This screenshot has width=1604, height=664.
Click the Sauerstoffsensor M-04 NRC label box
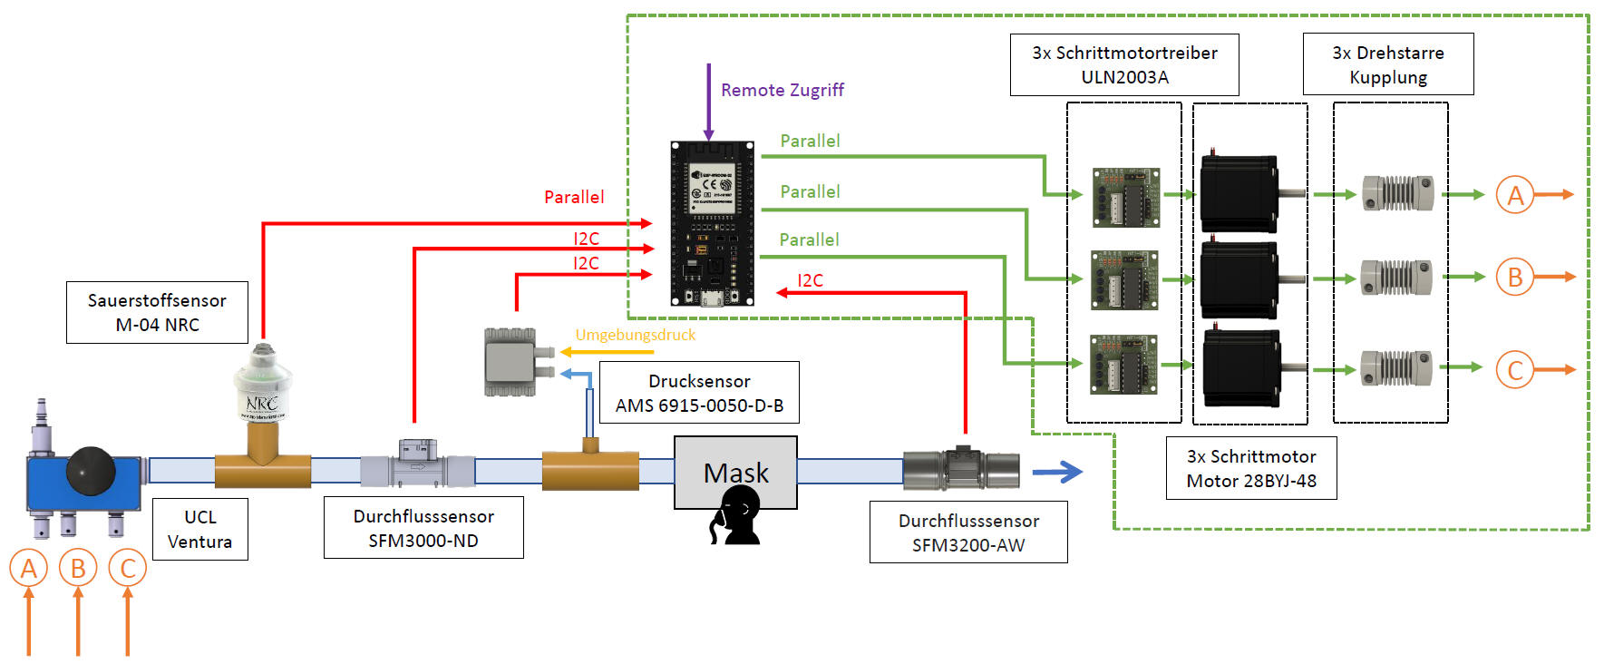157,312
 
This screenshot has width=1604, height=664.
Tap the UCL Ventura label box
199,529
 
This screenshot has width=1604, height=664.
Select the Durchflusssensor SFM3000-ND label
423,527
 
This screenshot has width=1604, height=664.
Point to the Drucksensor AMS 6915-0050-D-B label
699,393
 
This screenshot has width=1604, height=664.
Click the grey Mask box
735,472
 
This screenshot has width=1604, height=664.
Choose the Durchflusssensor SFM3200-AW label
968,532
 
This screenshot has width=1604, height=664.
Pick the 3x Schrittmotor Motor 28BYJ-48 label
1251,468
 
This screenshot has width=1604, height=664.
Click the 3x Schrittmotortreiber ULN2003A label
1124,64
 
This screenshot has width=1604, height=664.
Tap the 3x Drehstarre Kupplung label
1388,64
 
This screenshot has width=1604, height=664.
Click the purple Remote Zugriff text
782,90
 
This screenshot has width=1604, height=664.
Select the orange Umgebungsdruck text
636,335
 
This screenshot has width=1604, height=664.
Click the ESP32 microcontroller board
712,223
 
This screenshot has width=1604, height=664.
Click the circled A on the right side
1515,195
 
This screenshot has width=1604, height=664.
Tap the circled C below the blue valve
127,569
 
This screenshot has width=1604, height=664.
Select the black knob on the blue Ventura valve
91,470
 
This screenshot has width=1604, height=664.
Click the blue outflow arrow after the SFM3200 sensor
1057,472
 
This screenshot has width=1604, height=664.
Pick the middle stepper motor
1239,278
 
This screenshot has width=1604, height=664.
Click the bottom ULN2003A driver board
1124,365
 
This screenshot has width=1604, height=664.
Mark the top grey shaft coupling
1398,193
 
